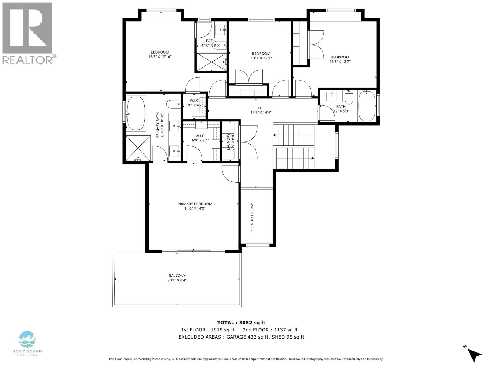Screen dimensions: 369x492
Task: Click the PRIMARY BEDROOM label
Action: pos(195,204)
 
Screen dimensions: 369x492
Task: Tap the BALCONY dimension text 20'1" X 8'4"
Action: pos(177,280)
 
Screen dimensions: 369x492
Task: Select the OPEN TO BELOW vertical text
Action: pos(252,217)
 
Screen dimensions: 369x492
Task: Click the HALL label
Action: pos(261,108)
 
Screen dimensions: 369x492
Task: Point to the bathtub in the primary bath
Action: pos(136,113)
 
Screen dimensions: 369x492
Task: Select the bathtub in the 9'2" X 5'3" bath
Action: pos(367,106)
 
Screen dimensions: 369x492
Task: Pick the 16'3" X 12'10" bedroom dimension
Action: pos(160,57)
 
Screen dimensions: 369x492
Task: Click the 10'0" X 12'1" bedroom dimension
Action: pos(261,58)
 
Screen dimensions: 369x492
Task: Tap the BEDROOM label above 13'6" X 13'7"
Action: pos(340,57)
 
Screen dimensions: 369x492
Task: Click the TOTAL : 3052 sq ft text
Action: pos(241,323)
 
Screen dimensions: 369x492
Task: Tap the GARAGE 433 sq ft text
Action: pos(246,337)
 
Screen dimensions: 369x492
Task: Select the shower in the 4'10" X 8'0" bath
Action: pos(211,62)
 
